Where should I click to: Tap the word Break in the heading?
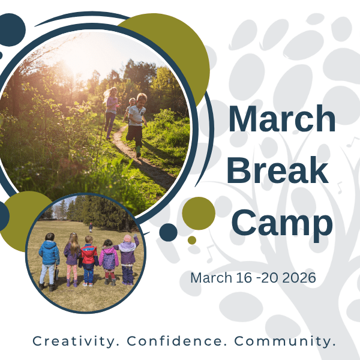click(x=278, y=170)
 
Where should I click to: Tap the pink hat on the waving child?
click(x=127, y=239)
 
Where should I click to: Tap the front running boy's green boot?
click(x=138, y=150)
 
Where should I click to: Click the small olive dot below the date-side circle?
click(x=192, y=240)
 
